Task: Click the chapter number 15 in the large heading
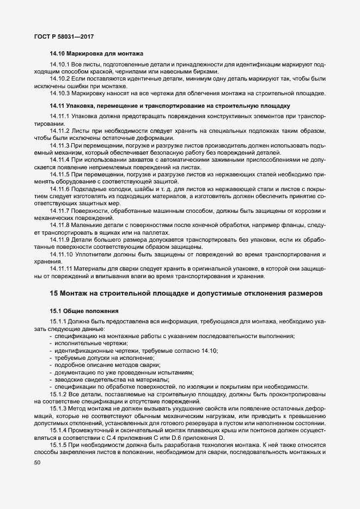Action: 53,293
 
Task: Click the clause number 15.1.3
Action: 58,408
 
